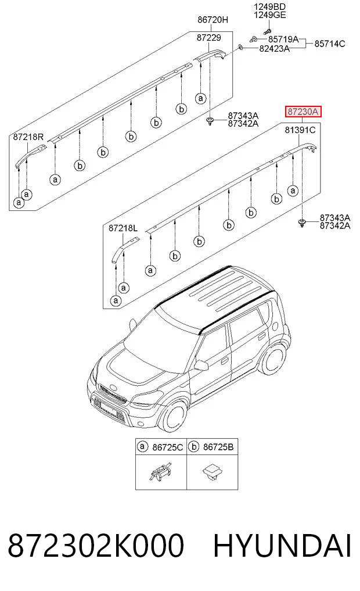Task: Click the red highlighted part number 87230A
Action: pos(303,112)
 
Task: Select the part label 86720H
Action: pos(213,20)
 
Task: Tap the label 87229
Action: pos(208,38)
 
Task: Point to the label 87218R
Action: pos(28,137)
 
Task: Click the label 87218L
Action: pos(123,228)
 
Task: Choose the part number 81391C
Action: pos(300,130)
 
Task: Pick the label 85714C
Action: pos(329,44)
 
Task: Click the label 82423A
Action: pos(274,48)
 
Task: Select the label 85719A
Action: pos(283,39)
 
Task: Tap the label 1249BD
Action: pos(269,7)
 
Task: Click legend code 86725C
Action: pos(168,447)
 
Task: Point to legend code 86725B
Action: pos(218,447)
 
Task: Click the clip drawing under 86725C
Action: pos(160,472)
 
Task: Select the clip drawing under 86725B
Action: pos(211,472)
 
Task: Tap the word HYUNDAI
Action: pos(282,546)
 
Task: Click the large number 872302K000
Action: pos(96,546)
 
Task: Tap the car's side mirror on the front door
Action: pos(201,365)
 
